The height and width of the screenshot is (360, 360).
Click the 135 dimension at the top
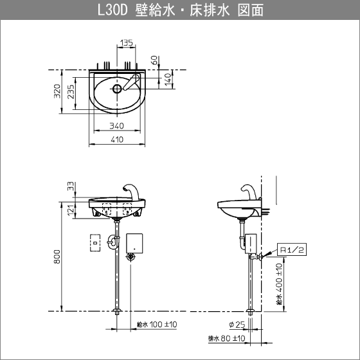[127, 42]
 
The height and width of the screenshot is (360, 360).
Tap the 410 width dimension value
[117, 139]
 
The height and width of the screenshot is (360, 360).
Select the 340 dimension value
[116, 126]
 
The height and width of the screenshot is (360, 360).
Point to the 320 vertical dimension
[57, 91]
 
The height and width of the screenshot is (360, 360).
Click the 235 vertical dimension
[71, 91]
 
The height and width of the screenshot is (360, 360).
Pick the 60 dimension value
[155, 60]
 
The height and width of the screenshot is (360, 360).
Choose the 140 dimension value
[168, 79]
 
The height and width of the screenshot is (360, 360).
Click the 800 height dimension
[57, 256]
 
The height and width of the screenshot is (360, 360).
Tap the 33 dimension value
[71, 186]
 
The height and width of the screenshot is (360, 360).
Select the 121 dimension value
[71, 210]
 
